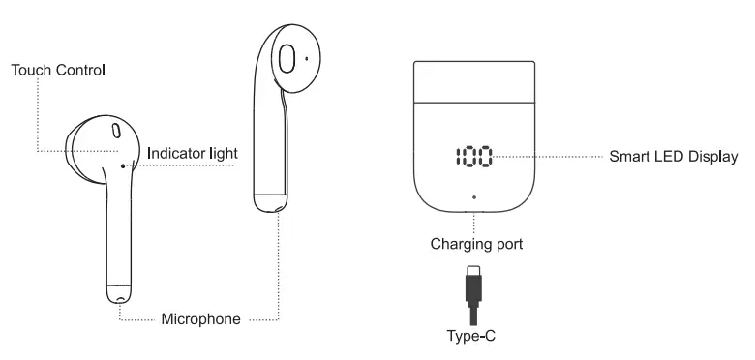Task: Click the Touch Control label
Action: coord(57,71)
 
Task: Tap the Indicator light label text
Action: coord(193,153)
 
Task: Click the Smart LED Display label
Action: coord(673,156)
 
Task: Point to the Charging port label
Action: coord(476,244)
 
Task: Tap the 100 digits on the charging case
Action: coord(471,156)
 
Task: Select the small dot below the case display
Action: coord(473,196)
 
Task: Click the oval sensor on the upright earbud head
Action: coord(287,60)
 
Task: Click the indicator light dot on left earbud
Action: coord(123,165)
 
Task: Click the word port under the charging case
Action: coord(506,244)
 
